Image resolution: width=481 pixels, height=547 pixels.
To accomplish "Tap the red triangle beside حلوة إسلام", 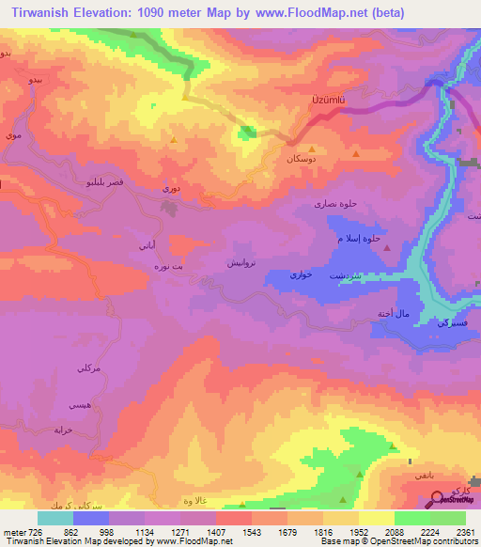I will tap(392, 241).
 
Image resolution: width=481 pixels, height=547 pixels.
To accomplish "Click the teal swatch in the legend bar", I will tap(54, 518).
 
